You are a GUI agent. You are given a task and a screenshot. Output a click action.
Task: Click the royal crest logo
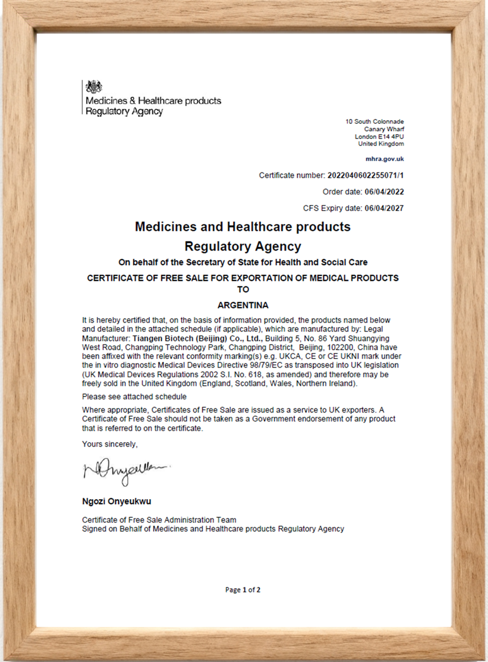[x=94, y=87]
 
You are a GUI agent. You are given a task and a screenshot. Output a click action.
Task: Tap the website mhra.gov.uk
[x=385, y=159]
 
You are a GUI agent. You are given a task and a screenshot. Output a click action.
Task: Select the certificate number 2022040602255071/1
[x=365, y=176]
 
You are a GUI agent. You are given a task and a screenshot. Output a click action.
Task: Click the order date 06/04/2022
[x=384, y=192]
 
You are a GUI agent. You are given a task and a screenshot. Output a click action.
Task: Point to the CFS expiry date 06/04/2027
[x=384, y=208]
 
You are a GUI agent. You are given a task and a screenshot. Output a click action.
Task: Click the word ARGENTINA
[x=243, y=305]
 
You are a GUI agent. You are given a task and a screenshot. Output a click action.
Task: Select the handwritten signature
[x=126, y=471]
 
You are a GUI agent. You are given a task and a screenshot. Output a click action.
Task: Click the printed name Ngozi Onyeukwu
[x=117, y=502]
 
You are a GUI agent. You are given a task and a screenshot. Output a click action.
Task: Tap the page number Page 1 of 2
[x=243, y=590]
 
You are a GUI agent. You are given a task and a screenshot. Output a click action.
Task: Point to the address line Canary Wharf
[x=384, y=129]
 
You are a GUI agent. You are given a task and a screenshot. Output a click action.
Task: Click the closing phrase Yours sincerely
[x=110, y=444]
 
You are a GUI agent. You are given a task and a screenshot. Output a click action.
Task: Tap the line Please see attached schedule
[x=134, y=397]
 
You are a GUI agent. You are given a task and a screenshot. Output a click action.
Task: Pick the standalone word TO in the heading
[x=243, y=290]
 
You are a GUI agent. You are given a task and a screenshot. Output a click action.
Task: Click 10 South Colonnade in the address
[x=374, y=122]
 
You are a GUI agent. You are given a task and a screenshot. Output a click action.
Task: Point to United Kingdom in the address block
[x=381, y=144]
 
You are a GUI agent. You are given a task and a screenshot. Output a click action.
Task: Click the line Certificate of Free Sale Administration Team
[x=159, y=520]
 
